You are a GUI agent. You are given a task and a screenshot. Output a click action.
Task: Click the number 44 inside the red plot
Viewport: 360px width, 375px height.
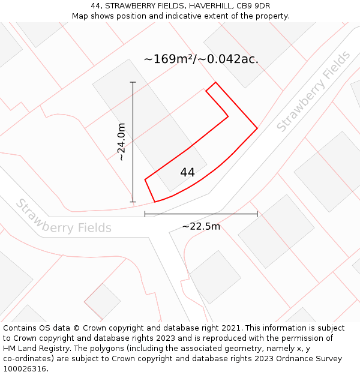(x=187, y=173)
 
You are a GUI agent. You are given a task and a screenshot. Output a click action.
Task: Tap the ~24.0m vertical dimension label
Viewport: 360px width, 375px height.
(x=121, y=142)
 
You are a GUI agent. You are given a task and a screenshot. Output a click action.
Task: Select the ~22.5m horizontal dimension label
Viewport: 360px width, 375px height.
(x=201, y=226)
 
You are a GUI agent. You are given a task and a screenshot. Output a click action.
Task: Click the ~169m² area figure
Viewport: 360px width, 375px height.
(x=170, y=59)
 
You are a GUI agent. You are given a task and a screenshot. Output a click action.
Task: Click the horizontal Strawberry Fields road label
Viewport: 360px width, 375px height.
(x=63, y=217)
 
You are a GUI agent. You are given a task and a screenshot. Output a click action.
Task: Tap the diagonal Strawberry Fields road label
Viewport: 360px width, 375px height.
(x=314, y=92)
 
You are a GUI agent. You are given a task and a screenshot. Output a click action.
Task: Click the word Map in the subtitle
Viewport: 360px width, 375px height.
(x=80, y=16)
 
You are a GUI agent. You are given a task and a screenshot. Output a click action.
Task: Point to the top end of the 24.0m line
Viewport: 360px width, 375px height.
(x=133, y=82)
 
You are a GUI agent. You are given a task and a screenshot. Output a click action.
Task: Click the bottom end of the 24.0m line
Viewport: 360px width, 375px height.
(x=133, y=202)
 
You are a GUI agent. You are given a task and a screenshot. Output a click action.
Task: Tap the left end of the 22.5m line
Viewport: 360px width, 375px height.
(x=145, y=214)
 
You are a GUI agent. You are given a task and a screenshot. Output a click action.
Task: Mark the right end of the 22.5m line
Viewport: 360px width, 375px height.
(x=257, y=214)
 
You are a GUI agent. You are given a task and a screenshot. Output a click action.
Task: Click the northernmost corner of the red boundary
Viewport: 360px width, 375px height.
(x=215, y=82)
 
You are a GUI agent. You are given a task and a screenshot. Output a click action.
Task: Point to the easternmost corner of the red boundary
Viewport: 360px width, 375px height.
(x=257, y=128)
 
